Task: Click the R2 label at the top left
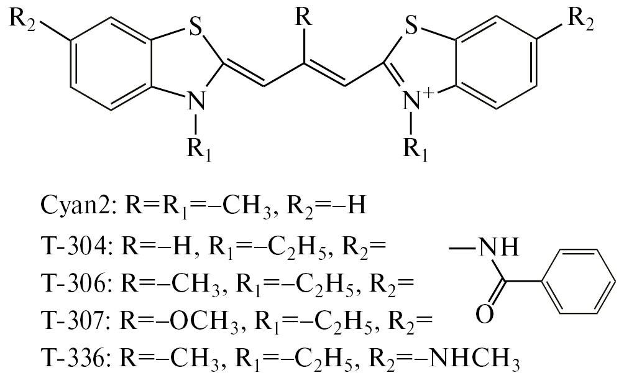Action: (x=22, y=19)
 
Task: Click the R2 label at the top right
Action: (x=580, y=19)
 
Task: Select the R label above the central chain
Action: (x=304, y=17)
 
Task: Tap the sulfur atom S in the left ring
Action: (x=194, y=27)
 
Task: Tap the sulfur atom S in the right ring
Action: (x=411, y=27)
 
